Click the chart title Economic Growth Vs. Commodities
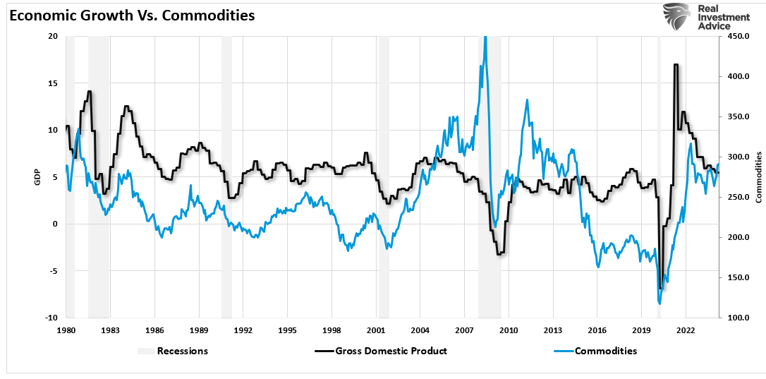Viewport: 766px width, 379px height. [x=132, y=16]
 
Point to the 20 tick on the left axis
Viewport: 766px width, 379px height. [x=54, y=36]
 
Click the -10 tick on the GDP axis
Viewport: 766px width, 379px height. [x=52, y=318]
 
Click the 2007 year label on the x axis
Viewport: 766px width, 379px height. [x=464, y=330]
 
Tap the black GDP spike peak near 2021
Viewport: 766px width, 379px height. [x=676, y=65]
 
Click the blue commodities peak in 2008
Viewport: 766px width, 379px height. [x=485, y=37]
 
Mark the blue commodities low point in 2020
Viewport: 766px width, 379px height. [x=659, y=303]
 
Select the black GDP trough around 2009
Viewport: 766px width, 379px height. [x=499, y=253]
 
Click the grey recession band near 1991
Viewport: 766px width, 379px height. [x=226, y=176]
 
